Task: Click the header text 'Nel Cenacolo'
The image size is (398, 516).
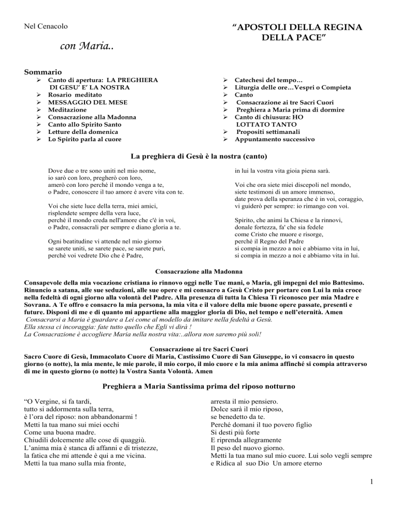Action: point(42,25)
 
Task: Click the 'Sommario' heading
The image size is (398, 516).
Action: point(43,71)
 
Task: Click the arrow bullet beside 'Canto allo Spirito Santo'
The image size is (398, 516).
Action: point(39,125)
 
